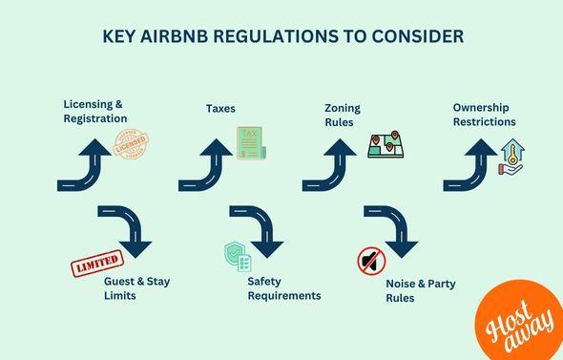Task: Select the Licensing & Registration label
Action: point(95,111)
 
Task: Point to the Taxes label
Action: point(220,109)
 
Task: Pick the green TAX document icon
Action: point(251,144)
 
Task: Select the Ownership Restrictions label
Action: point(484,115)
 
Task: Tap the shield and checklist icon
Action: point(237,256)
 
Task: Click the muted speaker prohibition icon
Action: point(370,261)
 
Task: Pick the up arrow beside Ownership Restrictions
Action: point(469,163)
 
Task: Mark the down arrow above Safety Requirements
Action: point(257,230)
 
